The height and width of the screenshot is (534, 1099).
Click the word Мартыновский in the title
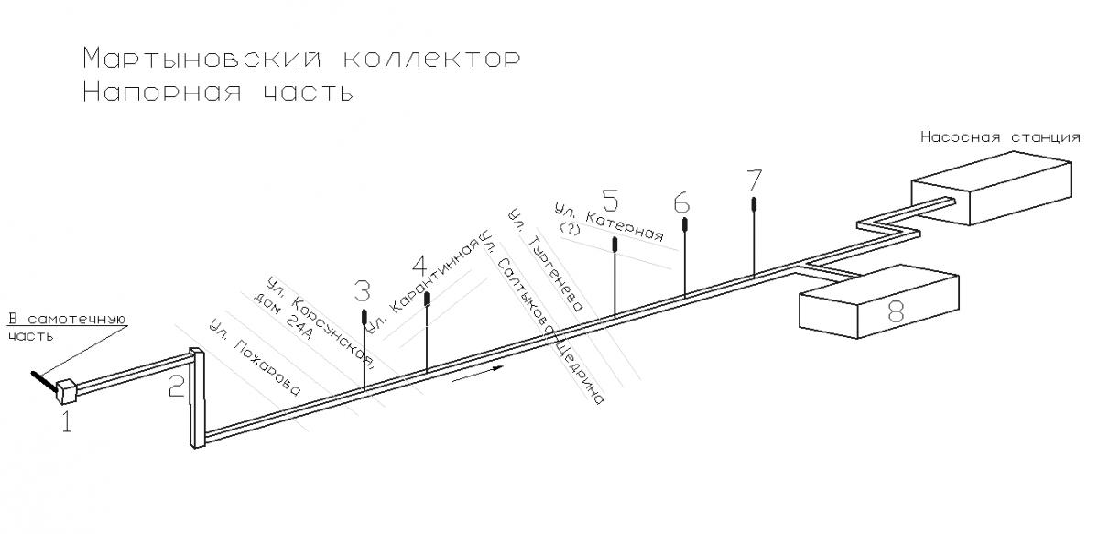pos(201,59)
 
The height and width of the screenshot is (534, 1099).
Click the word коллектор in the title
pos(431,59)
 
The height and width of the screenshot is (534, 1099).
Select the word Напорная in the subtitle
pos(162,92)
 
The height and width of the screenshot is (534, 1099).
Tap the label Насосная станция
pos(1000,137)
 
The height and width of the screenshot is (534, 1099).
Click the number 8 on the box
pos(896,311)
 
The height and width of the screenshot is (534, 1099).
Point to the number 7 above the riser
pos(754,180)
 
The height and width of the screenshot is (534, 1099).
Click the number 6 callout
pos(682,202)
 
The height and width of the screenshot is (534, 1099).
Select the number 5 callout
pos(610,201)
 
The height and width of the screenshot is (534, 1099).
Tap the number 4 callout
pos(420,266)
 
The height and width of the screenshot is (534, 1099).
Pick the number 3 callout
pos(362,291)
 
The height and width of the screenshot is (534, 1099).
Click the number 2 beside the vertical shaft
pos(177,387)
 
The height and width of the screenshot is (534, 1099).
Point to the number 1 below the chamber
pos(67,422)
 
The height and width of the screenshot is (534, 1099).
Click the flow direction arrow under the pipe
pos(477,374)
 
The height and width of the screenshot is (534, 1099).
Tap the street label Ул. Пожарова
pos(255,357)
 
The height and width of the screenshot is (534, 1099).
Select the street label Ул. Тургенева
pos(546,260)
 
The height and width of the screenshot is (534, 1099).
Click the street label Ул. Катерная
pos(609,223)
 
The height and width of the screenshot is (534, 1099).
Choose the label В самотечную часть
pos(67,327)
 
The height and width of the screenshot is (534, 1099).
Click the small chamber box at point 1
pos(66,391)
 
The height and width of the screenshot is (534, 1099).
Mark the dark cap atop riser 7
pos(754,203)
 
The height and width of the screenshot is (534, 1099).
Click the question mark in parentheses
pos(570,229)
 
